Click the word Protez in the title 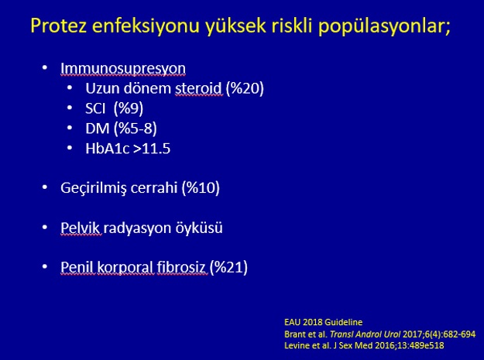tap(59, 26)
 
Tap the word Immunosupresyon tap(123, 69)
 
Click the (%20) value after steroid tap(245, 88)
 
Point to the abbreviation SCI tap(95, 108)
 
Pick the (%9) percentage tap(128, 108)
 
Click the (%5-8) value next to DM tap(136, 129)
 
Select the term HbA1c tap(107, 149)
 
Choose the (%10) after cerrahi tap(201, 188)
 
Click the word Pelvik tap(80, 228)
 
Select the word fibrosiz tap(181, 267)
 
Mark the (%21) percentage tap(228, 267)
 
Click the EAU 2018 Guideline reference tap(323, 322)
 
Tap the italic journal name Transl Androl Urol tap(365, 334)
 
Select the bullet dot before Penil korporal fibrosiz tap(45, 266)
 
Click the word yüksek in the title tap(236, 26)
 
